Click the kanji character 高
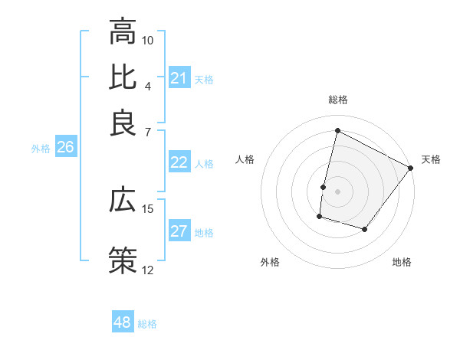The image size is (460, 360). pos(123,32)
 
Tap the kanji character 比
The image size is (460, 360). pos(123,77)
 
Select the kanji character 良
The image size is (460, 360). pos(123,123)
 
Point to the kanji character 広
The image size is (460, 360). pos(123,200)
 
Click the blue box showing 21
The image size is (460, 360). pos(179,78)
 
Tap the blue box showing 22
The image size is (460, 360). pos(179,162)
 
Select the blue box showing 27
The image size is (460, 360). pos(179,232)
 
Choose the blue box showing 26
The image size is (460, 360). pos(65,148)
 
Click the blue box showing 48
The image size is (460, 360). pos(123,322)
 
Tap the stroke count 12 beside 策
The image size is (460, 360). pos(148,270)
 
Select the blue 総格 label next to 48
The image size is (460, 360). pos(147,324)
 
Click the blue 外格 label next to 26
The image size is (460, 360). pos(41,149)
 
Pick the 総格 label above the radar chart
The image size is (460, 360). pos(338,100)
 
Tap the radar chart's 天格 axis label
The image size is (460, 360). pos(431,159)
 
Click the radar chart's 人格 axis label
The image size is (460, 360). pos(245,159)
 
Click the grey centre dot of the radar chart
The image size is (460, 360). pos(338,191)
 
